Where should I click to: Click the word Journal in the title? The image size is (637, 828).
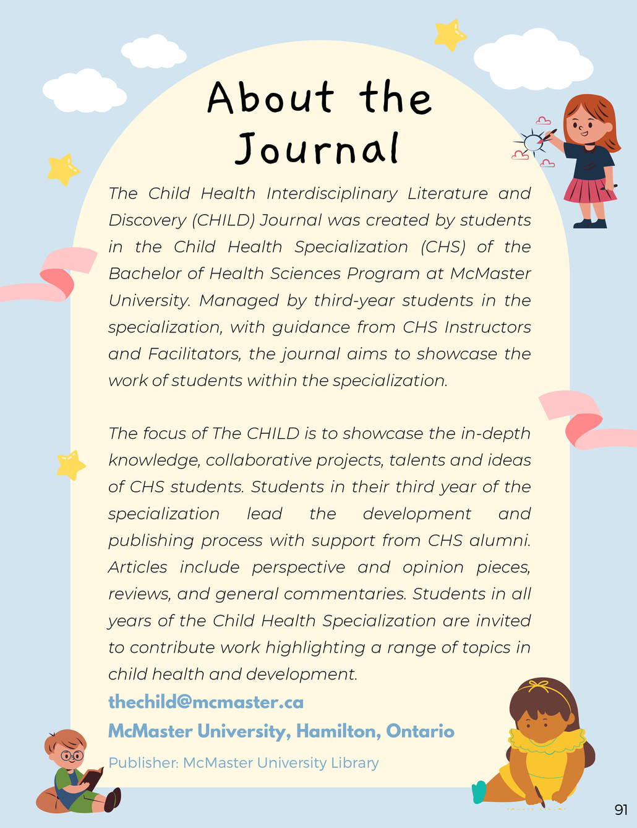pyautogui.click(x=317, y=149)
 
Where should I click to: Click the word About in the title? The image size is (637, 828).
pyautogui.click(x=271, y=98)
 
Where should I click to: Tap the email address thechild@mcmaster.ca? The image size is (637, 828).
pyautogui.click(x=206, y=702)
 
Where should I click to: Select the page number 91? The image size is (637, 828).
pyautogui.click(x=621, y=809)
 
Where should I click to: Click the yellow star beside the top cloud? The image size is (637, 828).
pyautogui.click(x=450, y=35)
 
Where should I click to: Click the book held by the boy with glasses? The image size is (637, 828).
pyautogui.click(x=93, y=777)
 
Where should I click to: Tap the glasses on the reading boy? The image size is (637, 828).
pyautogui.click(x=72, y=756)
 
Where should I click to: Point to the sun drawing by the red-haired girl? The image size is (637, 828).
pyautogui.click(x=532, y=142)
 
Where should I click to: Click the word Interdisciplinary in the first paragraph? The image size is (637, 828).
pyautogui.click(x=332, y=194)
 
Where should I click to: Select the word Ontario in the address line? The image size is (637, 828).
pyautogui.click(x=420, y=731)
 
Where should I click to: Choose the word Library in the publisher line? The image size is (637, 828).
pyautogui.click(x=354, y=763)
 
